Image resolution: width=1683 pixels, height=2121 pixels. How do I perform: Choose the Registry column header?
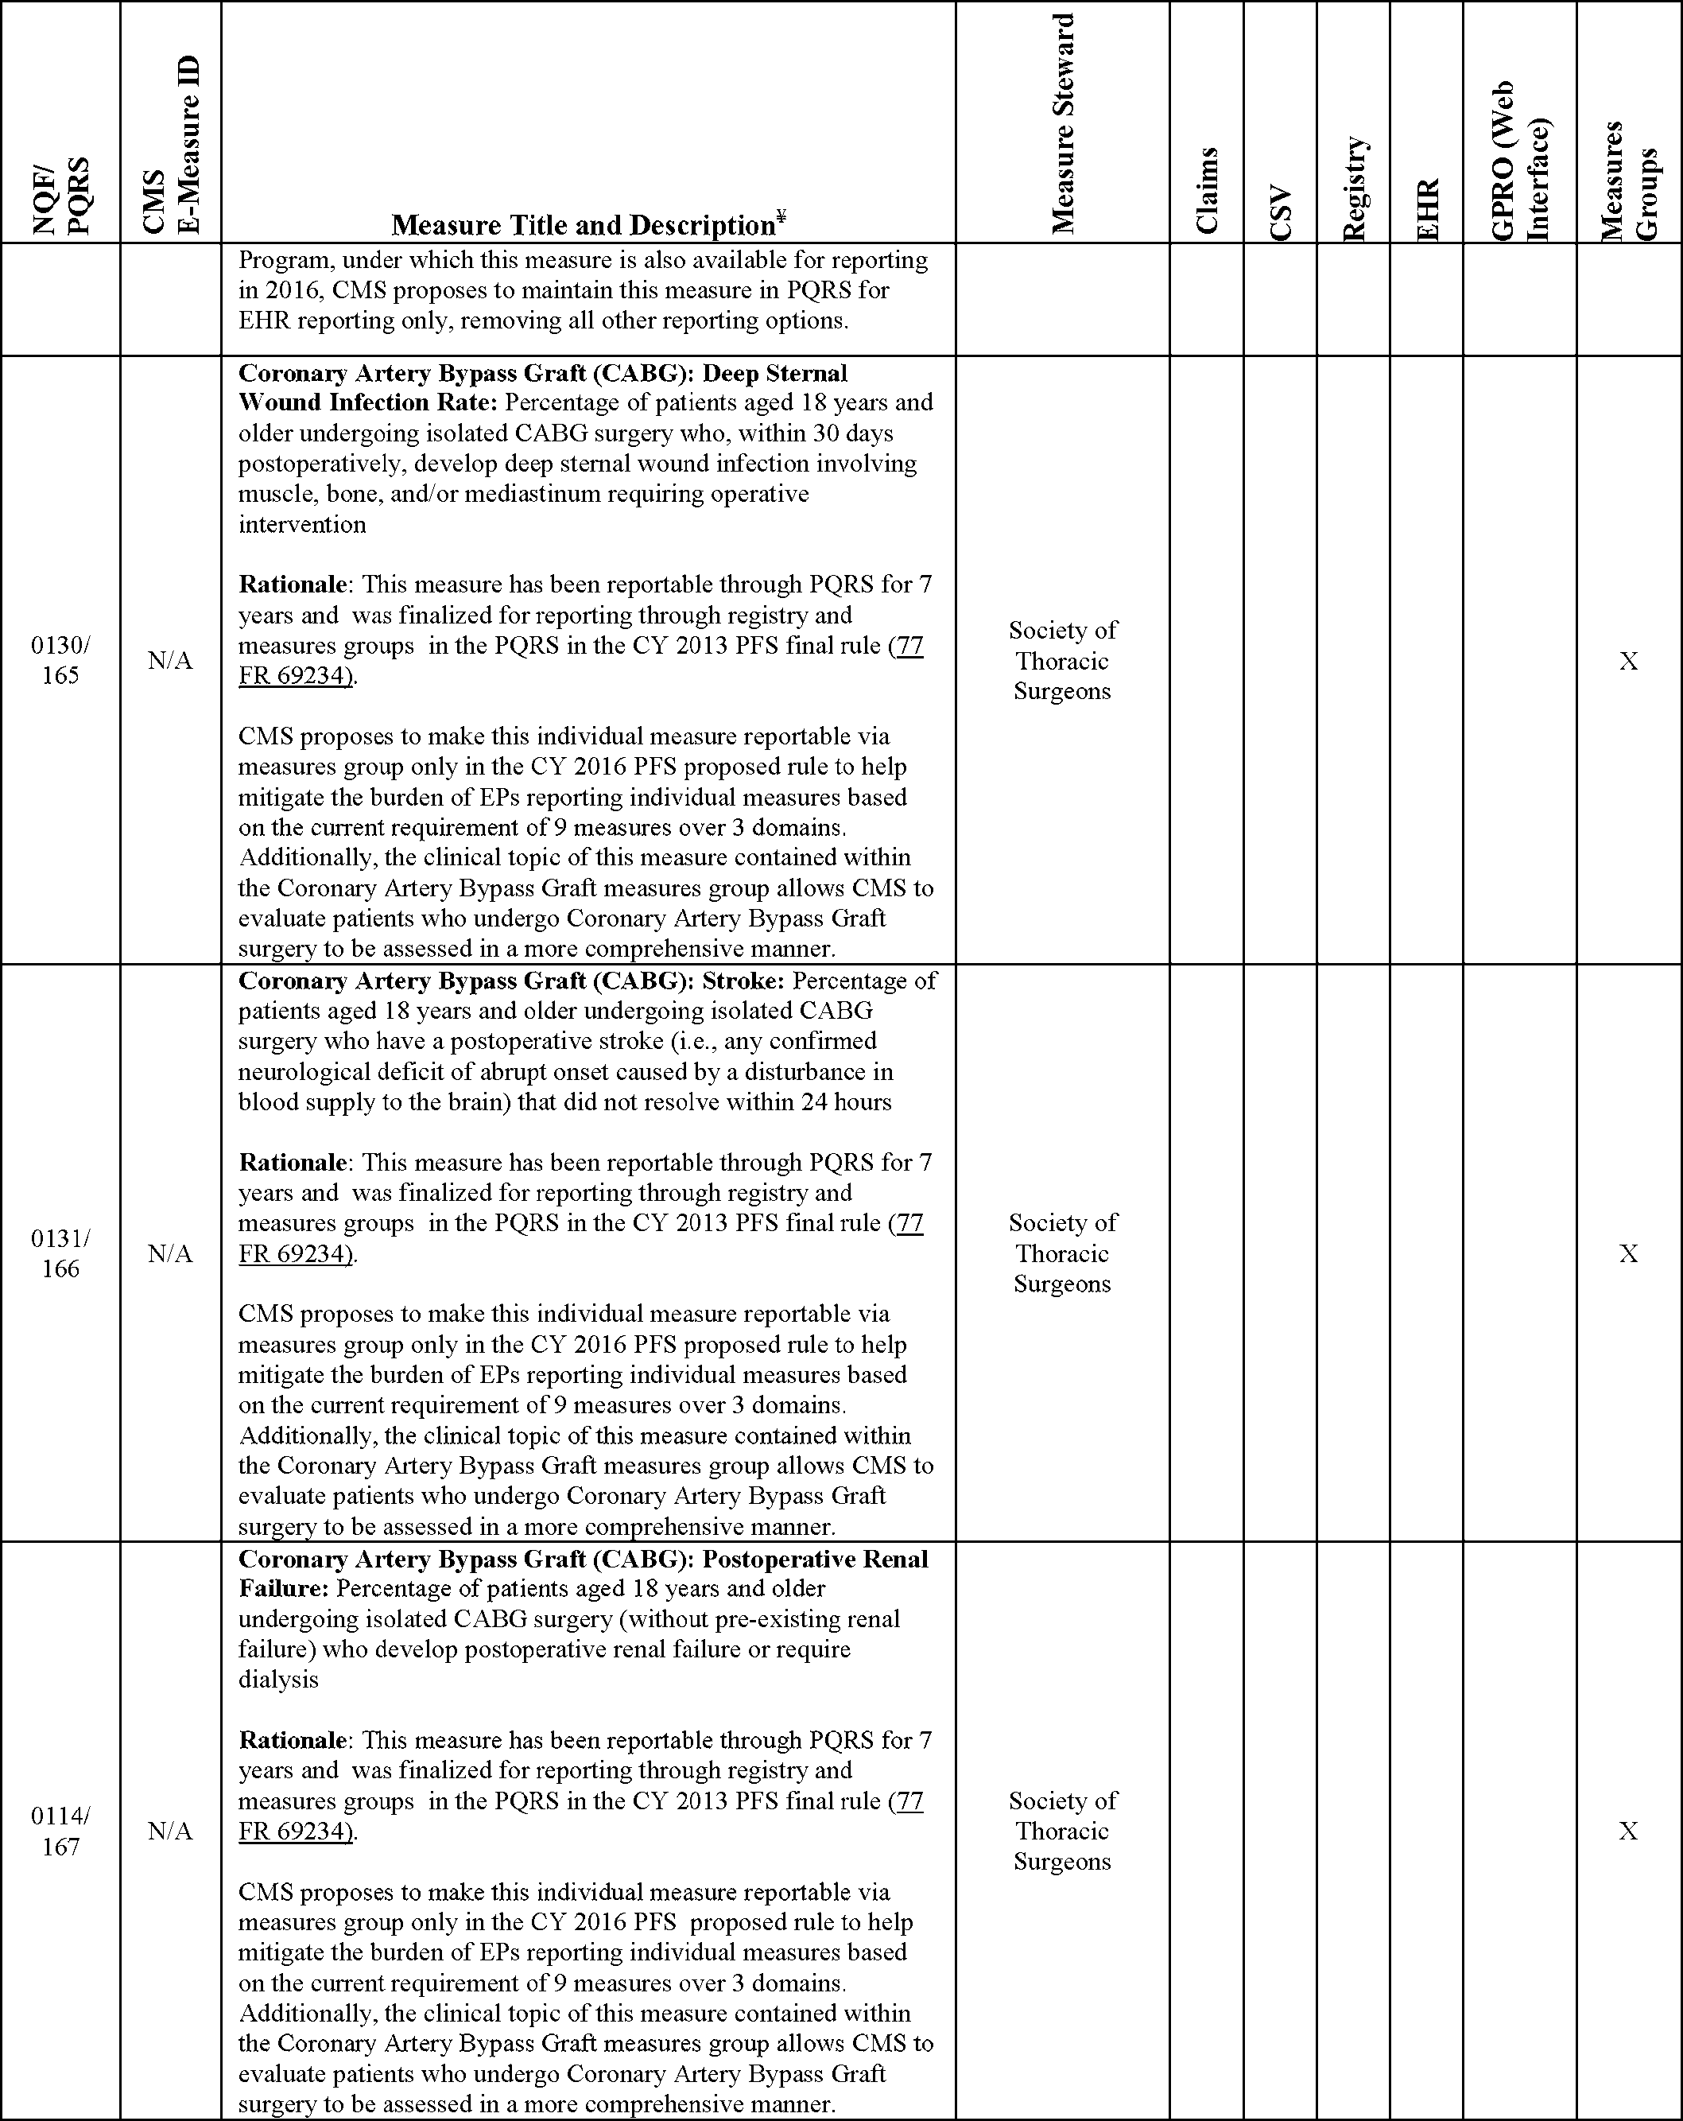coord(1354,188)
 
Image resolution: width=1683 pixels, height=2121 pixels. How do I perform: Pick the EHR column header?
coord(1426,208)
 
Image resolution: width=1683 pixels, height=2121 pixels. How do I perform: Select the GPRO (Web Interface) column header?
coord(1520,161)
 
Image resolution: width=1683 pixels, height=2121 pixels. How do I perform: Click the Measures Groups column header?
coord(1629,180)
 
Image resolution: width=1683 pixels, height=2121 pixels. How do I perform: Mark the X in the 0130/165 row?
coord(1629,661)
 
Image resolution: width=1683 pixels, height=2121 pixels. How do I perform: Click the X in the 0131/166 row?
coord(1629,1253)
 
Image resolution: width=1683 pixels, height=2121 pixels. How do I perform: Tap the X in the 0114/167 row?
coord(1629,1831)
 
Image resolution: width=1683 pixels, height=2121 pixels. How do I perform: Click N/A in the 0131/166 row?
coord(170,1253)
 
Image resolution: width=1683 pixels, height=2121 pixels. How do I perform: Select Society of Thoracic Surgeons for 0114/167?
coord(1062,1831)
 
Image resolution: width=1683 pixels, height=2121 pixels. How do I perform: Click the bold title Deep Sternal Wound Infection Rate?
coord(543,387)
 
